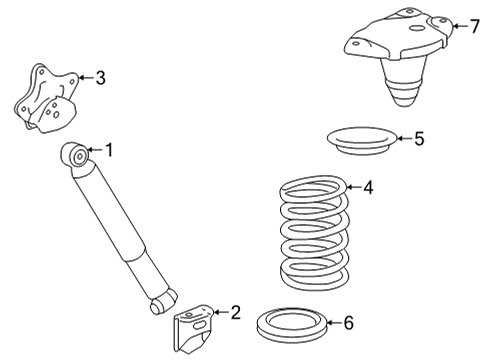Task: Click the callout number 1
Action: pyautogui.click(x=109, y=151)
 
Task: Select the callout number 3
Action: pyautogui.click(x=100, y=77)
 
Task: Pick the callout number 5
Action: pyautogui.click(x=418, y=139)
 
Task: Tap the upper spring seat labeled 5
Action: pyautogui.click(x=359, y=142)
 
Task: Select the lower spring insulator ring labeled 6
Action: pyautogui.click(x=296, y=324)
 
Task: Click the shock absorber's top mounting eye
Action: pyautogui.click(x=74, y=155)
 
